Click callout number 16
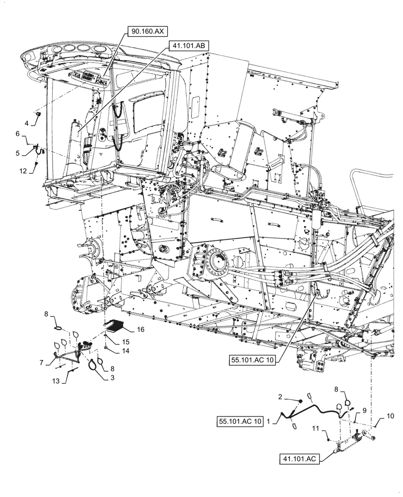click(141, 329)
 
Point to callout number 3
click(105, 377)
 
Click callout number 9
click(364, 411)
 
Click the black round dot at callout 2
click(300, 401)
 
